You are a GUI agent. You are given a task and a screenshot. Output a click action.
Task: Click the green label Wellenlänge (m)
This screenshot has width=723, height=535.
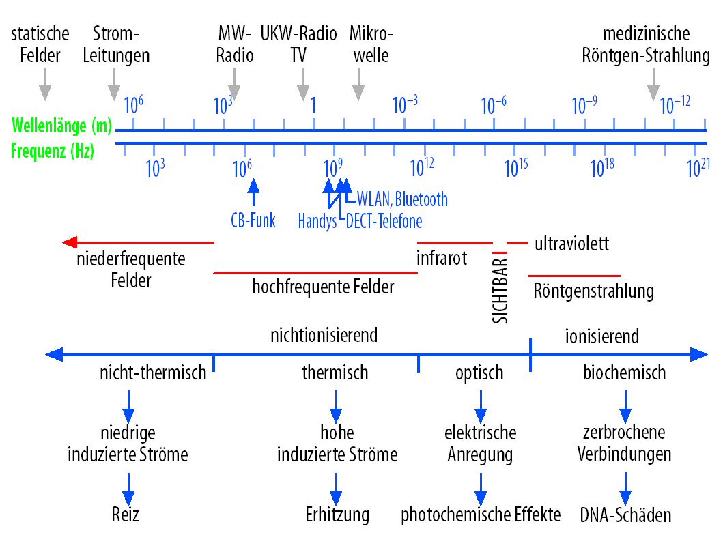coord(62,126)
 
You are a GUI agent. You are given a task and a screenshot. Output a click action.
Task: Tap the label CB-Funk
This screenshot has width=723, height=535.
coord(253,220)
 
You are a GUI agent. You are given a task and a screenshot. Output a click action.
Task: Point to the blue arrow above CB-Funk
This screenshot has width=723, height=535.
coord(253,191)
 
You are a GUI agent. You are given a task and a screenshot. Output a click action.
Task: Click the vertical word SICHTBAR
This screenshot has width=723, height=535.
coord(500,290)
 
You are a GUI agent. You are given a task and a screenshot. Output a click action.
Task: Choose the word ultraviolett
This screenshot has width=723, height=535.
coord(571,244)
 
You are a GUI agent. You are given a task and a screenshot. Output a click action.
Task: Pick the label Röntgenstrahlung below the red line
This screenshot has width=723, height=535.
coord(593,291)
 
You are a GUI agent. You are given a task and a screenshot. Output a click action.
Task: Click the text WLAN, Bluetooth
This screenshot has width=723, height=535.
coord(402,199)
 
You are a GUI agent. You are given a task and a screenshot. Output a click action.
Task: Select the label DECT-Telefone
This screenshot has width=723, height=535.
coord(384,220)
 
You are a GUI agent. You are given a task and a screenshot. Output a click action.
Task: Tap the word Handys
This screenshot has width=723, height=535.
coord(317,220)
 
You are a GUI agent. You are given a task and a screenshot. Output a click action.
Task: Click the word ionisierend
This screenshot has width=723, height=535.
coord(602,336)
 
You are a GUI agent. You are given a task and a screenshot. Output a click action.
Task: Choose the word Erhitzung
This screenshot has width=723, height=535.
coord(337,514)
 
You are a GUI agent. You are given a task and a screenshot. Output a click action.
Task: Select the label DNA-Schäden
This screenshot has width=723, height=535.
coord(625,515)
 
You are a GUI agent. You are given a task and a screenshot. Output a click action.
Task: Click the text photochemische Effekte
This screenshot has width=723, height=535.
coord(481,514)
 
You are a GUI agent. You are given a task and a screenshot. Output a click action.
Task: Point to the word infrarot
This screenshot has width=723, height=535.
coord(442,259)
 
